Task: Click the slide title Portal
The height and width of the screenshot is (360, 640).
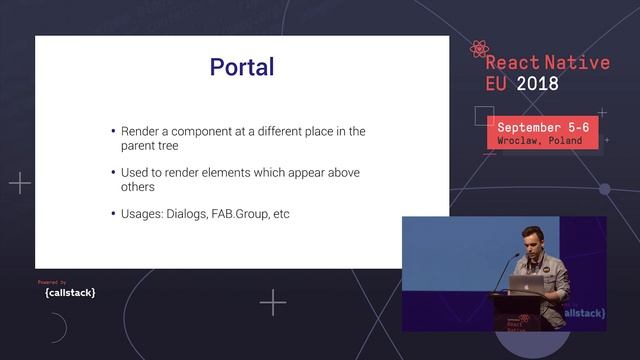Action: point(241,67)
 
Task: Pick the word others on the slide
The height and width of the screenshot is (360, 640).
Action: point(138,187)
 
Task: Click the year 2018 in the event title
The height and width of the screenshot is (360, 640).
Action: point(537,84)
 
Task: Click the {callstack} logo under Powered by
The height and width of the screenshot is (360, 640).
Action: point(70,293)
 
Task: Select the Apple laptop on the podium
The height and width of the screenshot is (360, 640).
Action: point(526,283)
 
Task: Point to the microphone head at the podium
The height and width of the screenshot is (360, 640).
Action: point(517,257)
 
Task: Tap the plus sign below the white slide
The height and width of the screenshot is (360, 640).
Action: point(272,302)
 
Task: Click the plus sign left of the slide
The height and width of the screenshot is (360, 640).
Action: point(20,183)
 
